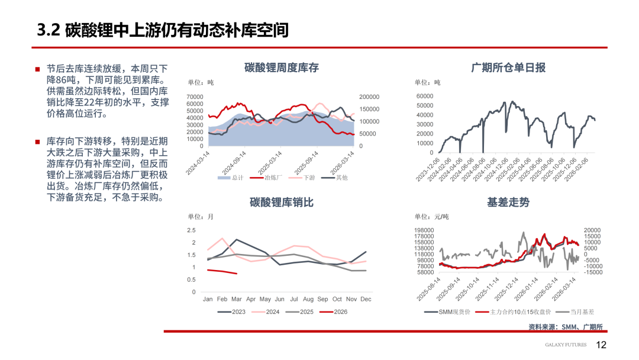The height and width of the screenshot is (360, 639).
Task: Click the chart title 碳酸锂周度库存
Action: tap(281, 67)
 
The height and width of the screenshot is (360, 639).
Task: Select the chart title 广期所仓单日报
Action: tap(508, 67)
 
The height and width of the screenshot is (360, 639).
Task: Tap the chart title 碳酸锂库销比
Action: tap(281, 202)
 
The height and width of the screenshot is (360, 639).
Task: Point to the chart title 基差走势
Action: tap(508, 202)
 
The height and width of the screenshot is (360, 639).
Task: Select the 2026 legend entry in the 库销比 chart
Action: tap(341, 312)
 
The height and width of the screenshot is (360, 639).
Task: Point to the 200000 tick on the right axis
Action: tap(369, 97)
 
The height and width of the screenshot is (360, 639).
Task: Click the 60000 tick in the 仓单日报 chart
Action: tap(425, 96)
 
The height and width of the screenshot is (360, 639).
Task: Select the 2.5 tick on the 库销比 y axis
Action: tap(191, 230)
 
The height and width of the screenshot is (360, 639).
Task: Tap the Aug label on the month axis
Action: tap(308, 299)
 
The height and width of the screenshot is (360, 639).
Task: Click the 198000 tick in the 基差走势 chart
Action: tap(425, 230)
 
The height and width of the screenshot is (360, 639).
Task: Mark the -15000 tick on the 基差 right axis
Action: tap(592, 272)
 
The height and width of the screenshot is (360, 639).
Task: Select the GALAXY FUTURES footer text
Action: tap(566, 345)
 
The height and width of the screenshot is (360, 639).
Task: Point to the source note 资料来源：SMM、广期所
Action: tap(566, 327)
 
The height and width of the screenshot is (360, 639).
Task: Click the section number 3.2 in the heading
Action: tap(49, 30)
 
